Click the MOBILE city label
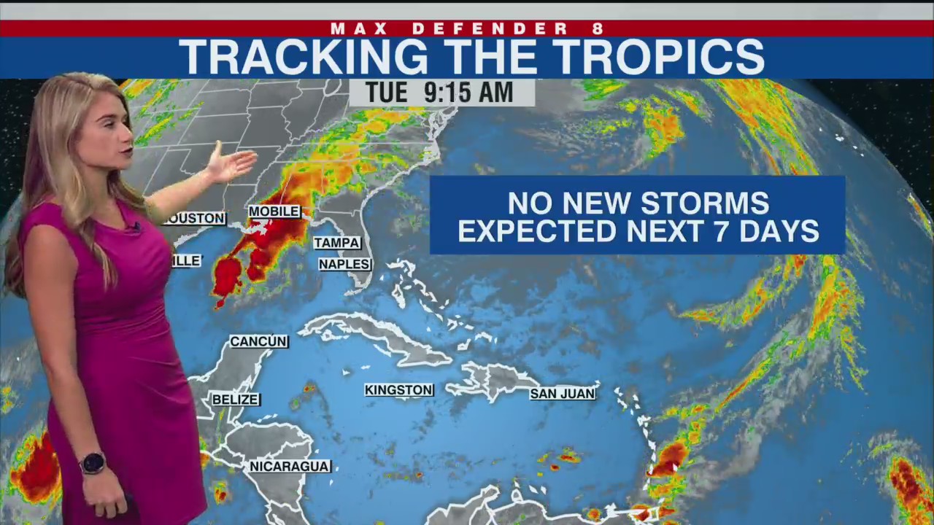pos(274,211)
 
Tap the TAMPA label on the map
pos(336,243)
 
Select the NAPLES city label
pos(344,264)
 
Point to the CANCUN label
pos(258,341)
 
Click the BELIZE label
pos(235,400)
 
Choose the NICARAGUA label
pos(290,467)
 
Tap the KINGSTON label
pos(398,391)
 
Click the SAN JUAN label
pos(562,394)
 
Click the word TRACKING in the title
pos(303,57)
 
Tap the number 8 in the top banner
pos(598,29)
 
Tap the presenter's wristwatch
pos(93,463)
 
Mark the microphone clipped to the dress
pos(136,228)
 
